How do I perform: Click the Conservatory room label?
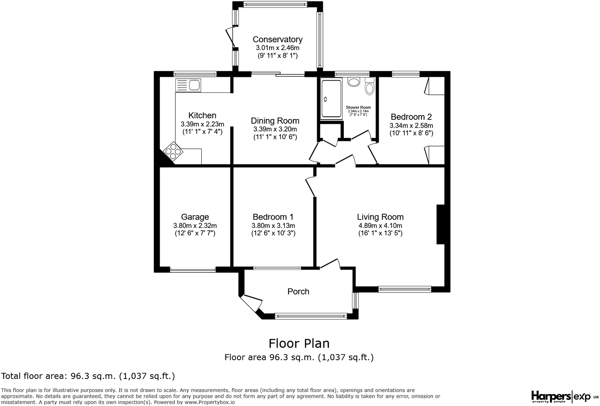point(277,40)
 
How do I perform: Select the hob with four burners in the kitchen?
point(173,151)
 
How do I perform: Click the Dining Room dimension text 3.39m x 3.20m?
point(275,129)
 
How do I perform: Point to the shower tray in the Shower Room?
point(331,99)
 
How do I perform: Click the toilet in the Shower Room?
point(369,87)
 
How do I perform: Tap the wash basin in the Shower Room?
point(354,82)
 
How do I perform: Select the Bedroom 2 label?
point(411,117)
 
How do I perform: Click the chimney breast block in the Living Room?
point(440,224)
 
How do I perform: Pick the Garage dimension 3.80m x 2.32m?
point(195,226)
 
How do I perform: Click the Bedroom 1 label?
point(273,217)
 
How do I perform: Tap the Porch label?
point(298,292)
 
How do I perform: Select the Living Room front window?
point(405,289)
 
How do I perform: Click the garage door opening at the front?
point(193,270)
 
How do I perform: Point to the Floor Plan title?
point(299,343)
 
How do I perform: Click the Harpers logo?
point(550,396)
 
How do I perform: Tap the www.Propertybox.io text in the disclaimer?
point(210,402)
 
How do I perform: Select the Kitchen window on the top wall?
point(195,74)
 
